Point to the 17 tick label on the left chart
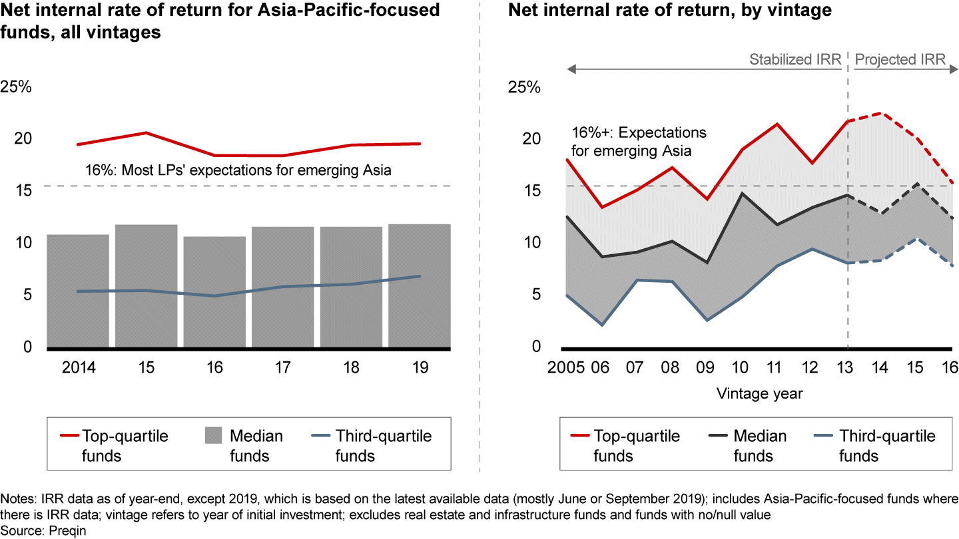click(x=283, y=367)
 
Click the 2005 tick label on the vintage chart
click(x=565, y=367)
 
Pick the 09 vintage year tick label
click(x=706, y=367)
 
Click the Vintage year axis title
click(x=760, y=393)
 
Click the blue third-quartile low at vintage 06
click(x=601, y=325)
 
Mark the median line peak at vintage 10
click(x=741, y=194)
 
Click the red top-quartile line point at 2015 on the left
click(x=146, y=133)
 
